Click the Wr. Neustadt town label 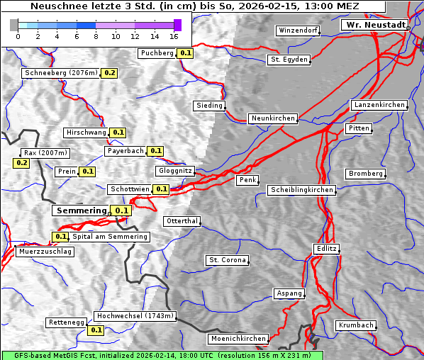click(x=375, y=25)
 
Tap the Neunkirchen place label click(x=273, y=118)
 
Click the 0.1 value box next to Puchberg click(x=186, y=53)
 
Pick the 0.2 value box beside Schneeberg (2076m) click(x=110, y=73)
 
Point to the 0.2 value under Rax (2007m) click(x=21, y=163)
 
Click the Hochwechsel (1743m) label click(x=135, y=316)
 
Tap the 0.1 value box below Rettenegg click(x=96, y=330)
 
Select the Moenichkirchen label click(x=239, y=339)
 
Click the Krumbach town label click(x=355, y=325)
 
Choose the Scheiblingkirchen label click(x=301, y=190)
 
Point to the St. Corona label click(x=228, y=260)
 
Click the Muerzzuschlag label click(x=44, y=252)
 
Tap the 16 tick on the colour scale click(x=174, y=35)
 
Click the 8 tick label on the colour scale click(x=96, y=35)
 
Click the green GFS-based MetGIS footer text click(x=162, y=355)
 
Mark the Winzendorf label click(x=298, y=31)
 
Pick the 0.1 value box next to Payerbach click(x=156, y=151)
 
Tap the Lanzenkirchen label click(x=379, y=105)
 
